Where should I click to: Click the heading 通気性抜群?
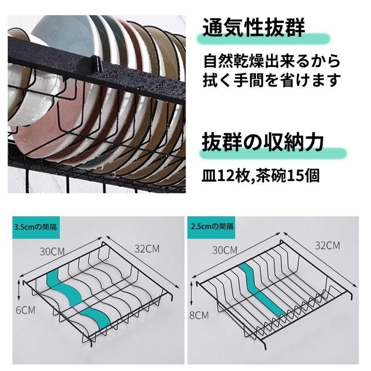[x=254, y=28]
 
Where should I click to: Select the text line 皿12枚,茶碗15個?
[x=261, y=175]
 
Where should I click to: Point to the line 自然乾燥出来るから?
[x=272, y=61]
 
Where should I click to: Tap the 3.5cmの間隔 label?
[x=35, y=228]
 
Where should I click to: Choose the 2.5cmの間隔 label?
[x=212, y=227]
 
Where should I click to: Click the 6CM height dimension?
[x=26, y=310]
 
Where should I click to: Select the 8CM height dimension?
[x=199, y=315]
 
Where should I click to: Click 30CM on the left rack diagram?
[x=52, y=251]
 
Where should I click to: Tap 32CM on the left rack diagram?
[x=147, y=249]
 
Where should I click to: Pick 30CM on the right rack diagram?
[x=225, y=250]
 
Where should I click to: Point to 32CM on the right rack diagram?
[x=327, y=246]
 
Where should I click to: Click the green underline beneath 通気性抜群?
[x=263, y=39]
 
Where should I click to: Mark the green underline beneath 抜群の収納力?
[x=273, y=153]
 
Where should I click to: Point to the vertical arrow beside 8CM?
[x=192, y=295]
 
